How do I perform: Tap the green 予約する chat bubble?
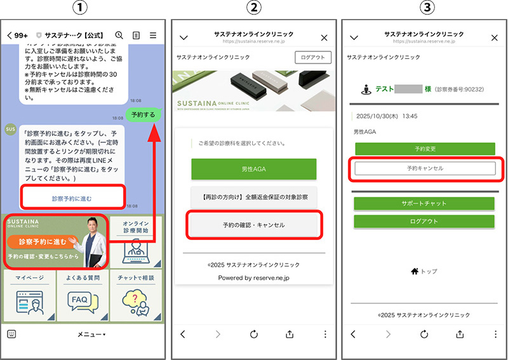pos(144,115)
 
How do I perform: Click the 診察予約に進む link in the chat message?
pos(72,199)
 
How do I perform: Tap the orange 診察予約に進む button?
pos(43,242)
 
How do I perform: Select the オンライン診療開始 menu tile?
pos(136,241)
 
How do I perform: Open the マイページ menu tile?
pos(29,295)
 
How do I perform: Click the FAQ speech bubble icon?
pos(83,302)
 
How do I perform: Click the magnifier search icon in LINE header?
pos(119,35)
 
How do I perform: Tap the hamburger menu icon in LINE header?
pos(153,35)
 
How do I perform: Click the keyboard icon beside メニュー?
pos(11,334)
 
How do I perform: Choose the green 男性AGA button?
pos(253,169)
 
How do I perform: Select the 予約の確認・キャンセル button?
pos(254,225)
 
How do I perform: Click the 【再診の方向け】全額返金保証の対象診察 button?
pos(253,197)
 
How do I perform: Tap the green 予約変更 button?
pos(425,149)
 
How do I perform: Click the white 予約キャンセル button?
pos(425,168)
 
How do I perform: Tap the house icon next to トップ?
pos(415,272)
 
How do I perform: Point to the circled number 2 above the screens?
pos(253,8)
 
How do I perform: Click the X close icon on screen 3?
pos(495,37)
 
